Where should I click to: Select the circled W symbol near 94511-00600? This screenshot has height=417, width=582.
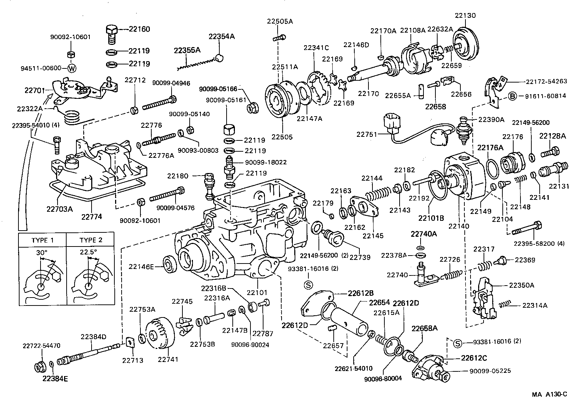coord(72,68)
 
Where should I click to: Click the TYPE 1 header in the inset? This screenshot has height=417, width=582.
coord(42,240)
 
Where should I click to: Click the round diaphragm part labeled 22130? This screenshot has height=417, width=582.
coord(466,45)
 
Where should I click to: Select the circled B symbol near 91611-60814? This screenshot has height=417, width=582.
coord(513,96)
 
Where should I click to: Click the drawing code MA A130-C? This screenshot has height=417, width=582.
coord(549,394)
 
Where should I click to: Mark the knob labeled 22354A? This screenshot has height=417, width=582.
coord(219,58)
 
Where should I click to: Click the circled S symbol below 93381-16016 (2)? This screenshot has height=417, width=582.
coord(308,285)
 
